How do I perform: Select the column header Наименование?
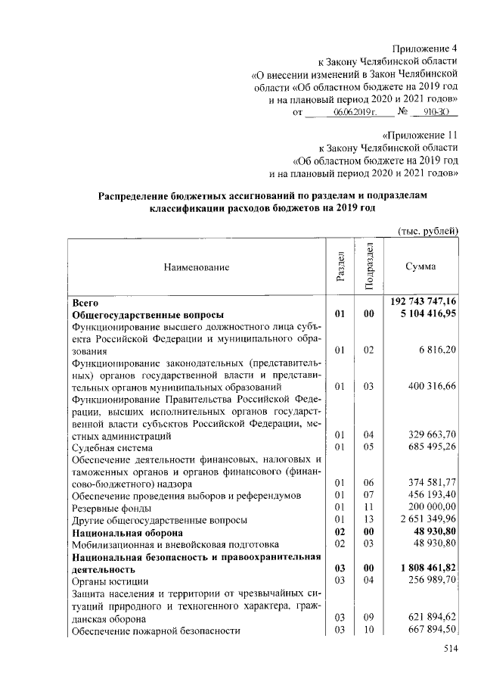point(194,266)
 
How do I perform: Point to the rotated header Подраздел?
point(369,266)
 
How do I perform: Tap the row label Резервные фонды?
point(110,508)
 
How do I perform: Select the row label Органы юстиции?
point(107,581)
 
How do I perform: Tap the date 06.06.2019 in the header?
point(353,113)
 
